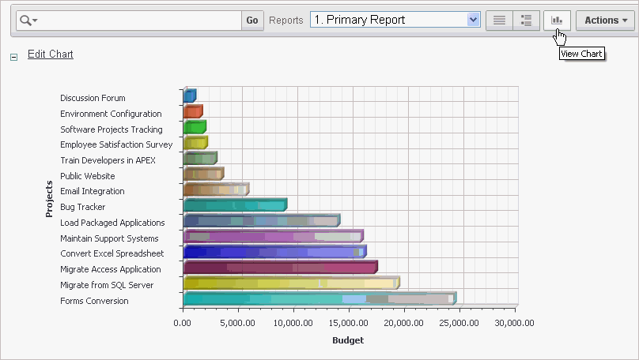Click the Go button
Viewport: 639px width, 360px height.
[252, 21]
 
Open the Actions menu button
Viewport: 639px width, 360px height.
[605, 21]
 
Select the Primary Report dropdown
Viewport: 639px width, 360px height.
[395, 21]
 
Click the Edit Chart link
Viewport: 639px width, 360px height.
[50, 54]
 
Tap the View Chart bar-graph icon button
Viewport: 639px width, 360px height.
[557, 21]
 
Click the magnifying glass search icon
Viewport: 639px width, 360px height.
[27, 21]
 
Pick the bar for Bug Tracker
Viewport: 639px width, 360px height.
[233, 206]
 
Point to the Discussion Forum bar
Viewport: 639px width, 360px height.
[189, 96]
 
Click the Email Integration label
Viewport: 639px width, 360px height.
[93, 192]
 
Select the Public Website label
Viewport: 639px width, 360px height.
[88, 176]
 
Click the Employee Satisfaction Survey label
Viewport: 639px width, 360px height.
[116, 145]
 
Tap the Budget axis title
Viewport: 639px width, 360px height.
[349, 341]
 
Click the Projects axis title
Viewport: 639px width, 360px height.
[49, 199]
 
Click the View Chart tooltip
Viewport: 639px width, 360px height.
[581, 54]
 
